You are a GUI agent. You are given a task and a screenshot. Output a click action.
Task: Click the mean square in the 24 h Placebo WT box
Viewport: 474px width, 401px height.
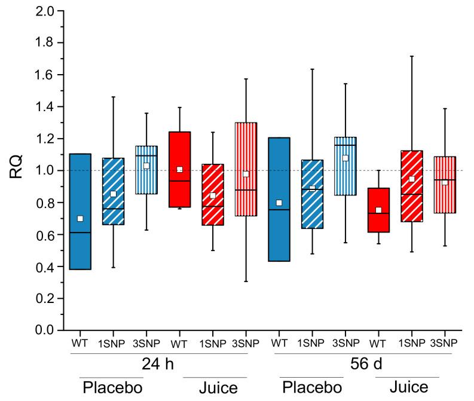80,219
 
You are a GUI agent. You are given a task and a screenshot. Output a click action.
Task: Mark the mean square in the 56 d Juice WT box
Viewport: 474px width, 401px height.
378,210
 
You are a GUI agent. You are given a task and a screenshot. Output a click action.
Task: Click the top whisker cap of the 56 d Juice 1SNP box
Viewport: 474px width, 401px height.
412,56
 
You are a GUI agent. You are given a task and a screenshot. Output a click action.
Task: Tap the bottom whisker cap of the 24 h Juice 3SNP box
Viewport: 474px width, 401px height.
246,281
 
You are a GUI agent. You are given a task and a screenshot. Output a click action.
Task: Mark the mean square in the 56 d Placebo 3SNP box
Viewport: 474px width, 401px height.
345,158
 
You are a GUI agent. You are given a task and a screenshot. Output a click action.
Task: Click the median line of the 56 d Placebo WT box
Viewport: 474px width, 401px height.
279,210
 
